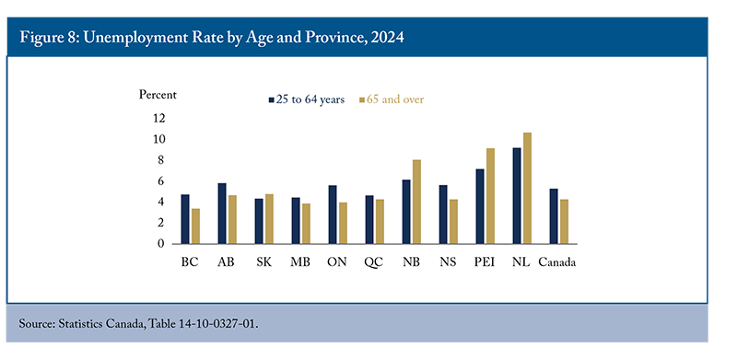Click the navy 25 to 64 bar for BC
pyautogui.click(x=185, y=219)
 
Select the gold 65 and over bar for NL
pyautogui.click(x=527, y=188)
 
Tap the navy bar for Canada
pyautogui.click(x=554, y=216)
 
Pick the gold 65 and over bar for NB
pyautogui.click(x=417, y=202)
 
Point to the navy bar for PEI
pyautogui.click(x=480, y=206)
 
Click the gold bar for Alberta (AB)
pyautogui.click(x=232, y=219)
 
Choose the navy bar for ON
pyautogui.click(x=333, y=215)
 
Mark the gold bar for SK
pyautogui.click(x=269, y=219)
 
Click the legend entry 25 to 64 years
pyautogui.click(x=307, y=99)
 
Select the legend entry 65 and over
pyautogui.click(x=392, y=99)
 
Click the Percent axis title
pyautogui.click(x=158, y=95)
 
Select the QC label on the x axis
pyautogui.click(x=374, y=262)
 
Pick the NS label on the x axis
pyautogui.click(x=448, y=262)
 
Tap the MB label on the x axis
pyautogui.click(x=300, y=262)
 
